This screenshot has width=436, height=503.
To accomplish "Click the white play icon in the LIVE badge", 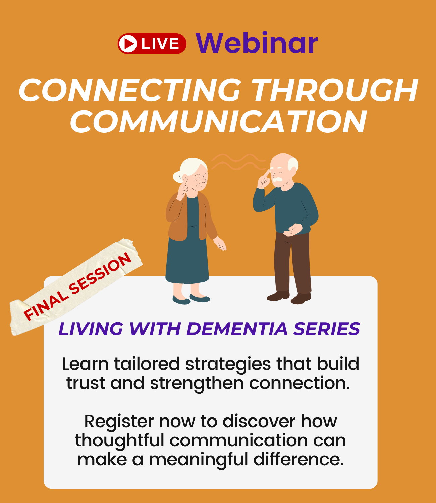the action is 128,44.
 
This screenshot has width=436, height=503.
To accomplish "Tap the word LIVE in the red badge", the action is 160,44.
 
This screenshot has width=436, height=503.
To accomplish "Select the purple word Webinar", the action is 257,43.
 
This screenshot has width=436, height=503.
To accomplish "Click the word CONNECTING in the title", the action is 130,90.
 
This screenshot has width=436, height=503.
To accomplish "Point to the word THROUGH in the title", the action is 335,90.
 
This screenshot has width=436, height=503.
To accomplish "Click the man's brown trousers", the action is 292,263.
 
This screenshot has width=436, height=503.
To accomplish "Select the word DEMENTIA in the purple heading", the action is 237,329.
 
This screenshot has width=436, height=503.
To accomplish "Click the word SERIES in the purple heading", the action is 327,329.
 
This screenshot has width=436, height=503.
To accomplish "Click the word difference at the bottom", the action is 298,459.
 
